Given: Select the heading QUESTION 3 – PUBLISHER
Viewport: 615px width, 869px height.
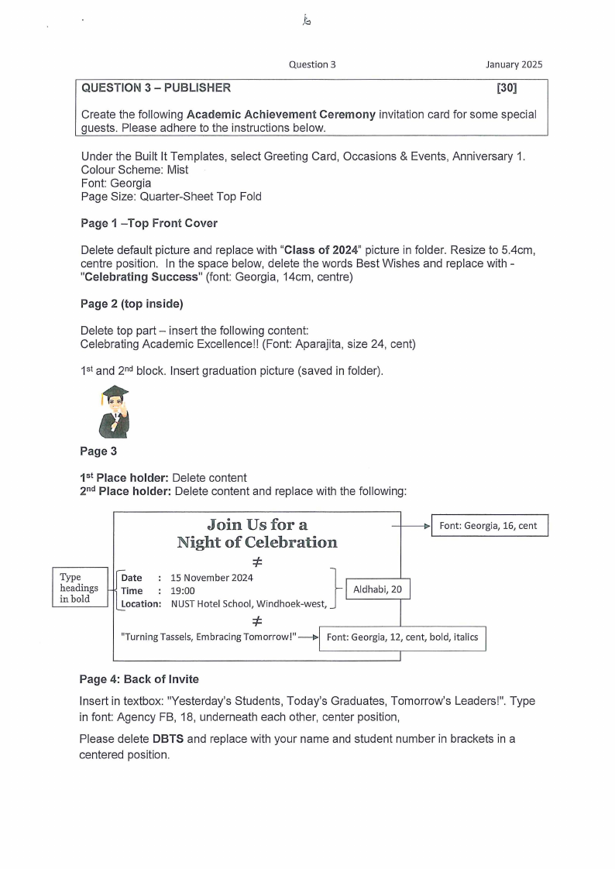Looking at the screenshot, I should [156, 88].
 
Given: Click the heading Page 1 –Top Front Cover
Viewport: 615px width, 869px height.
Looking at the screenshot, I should [149, 223].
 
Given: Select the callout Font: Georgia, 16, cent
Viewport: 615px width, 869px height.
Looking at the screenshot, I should [489, 526].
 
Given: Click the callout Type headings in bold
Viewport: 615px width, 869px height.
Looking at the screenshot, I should [79, 588].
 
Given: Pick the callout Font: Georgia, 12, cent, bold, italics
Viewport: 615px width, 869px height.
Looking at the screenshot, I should [402, 638].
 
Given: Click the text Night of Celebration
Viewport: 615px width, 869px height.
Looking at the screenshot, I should [257, 542].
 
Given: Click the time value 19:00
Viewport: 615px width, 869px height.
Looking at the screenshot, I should [183, 591].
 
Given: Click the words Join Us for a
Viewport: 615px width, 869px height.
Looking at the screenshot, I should [257, 524].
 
